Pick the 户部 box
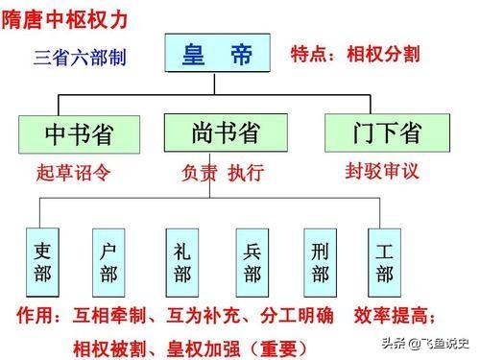108,259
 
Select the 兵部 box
252,259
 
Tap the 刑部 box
321,259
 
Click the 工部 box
384,259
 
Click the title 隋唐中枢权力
65,16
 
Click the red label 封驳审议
384,172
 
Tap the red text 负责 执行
222,174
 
